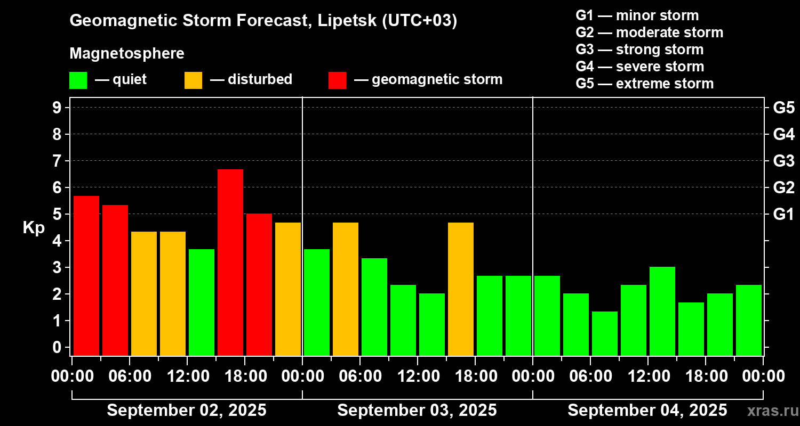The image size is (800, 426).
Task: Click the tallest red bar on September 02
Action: click(x=230, y=262)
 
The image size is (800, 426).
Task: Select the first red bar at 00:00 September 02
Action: click(x=86, y=275)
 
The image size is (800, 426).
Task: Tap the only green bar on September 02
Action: click(x=202, y=302)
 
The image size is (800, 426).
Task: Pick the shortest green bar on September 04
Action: click(x=605, y=333)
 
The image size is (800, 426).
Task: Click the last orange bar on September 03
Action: click(x=461, y=289)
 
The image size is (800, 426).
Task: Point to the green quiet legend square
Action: click(x=78, y=80)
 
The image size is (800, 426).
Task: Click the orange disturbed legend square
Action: click(x=193, y=80)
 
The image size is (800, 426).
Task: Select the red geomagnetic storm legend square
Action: click(x=337, y=80)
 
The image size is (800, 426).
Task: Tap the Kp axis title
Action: click(x=34, y=228)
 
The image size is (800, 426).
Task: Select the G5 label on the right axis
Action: click(x=783, y=108)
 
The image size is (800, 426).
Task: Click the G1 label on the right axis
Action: click(x=783, y=215)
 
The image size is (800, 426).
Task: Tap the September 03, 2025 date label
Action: click(x=417, y=411)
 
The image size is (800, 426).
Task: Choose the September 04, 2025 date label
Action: click(x=647, y=411)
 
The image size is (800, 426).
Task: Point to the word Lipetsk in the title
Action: click(x=347, y=21)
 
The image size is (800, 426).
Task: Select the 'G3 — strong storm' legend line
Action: click(x=639, y=50)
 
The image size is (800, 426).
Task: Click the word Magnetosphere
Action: click(x=127, y=54)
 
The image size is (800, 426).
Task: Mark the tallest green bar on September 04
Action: click(x=662, y=311)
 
